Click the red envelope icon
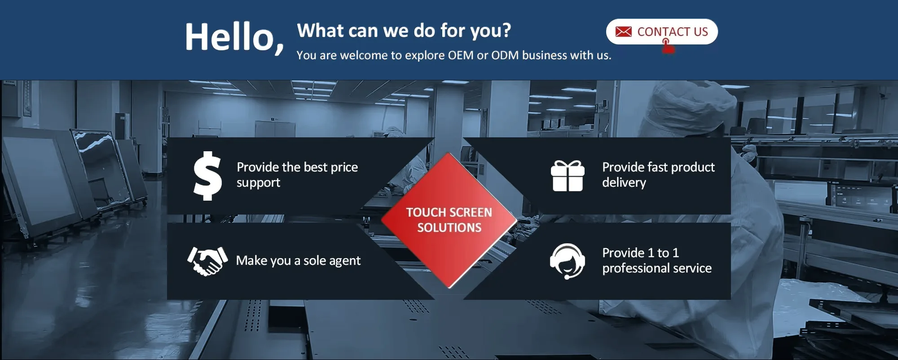tap(623, 32)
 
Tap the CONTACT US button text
tap(673, 32)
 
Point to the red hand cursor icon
tap(668, 46)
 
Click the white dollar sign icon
tap(207, 176)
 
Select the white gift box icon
tap(568, 176)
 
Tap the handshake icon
tap(207, 261)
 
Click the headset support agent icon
tap(568, 261)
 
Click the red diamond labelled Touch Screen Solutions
tap(449, 220)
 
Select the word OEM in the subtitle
tap(461, 55)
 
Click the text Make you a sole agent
tap(298, 261)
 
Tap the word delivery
tap(624, 183)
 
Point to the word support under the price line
tap(258, 183)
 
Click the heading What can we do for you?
tap(404, 31)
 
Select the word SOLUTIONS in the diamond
tap(449, 228)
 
